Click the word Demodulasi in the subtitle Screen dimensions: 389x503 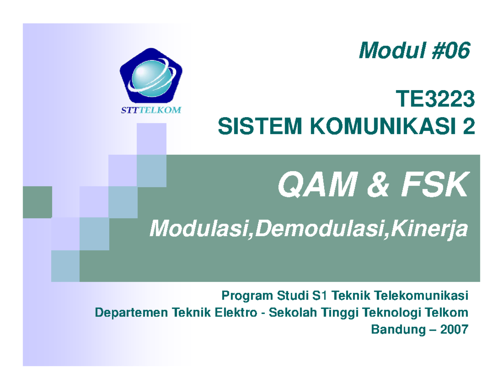pyautogui.click(x=314, y=230)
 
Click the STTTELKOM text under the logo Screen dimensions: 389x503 pyautogui.click(x=148, y=111)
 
